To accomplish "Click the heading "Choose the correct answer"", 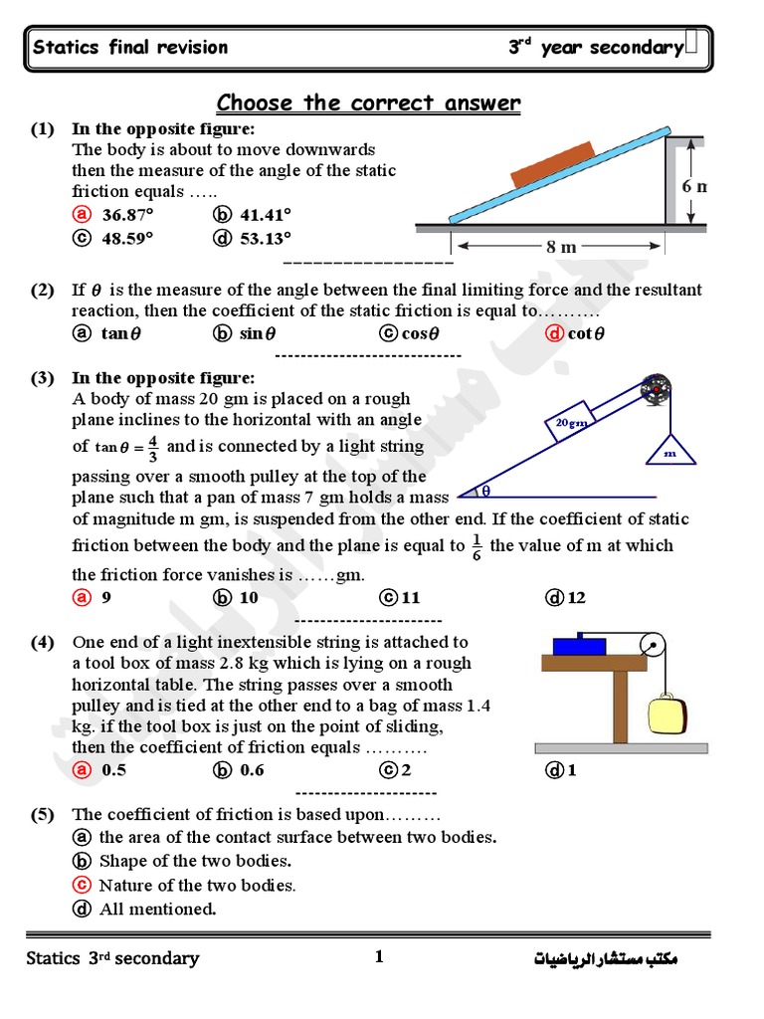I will (368, 103).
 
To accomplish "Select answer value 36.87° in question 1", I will (126, 214).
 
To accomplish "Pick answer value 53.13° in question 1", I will (265, 238).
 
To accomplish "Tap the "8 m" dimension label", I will (561, 247).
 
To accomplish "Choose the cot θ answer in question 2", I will (585, 333).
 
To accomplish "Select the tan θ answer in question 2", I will (120, 333).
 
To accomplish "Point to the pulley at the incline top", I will (655, 389).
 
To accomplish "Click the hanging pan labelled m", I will (670, 451).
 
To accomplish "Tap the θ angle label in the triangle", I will (486, 490).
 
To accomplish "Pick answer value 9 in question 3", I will (105, 598).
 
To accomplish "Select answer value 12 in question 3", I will (576, 598).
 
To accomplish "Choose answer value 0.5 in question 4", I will (114, 769).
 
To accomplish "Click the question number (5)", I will (42, 815).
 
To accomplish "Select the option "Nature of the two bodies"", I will (196, 885).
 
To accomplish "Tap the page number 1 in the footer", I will (378, 957).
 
